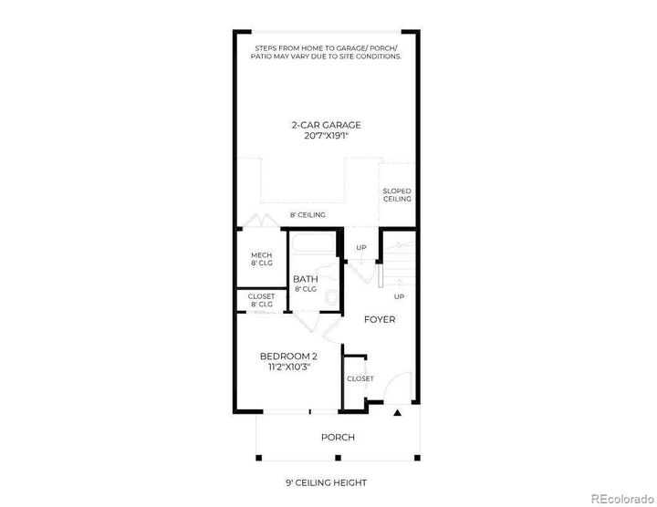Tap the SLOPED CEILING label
pos(397,194)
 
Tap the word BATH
pos(305,279)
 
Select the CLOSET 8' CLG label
pos(262,300)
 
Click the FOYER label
pos(380,320)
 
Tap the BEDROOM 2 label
pos(288,356)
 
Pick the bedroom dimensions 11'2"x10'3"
pos(288,367)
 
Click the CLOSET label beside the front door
pos(360,378)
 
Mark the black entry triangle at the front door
pos(397,414)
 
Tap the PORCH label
pos(337,437)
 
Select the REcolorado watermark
pos(620,498)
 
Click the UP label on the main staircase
pos(399,296)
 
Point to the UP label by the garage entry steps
pos(361,247)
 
